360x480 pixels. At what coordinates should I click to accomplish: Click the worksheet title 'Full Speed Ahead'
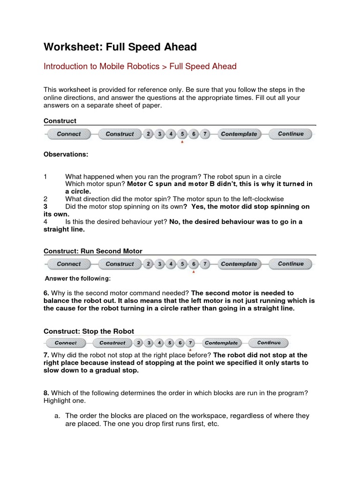click(x=120, y=47)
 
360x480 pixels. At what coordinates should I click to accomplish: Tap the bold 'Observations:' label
click(x=66, y=154)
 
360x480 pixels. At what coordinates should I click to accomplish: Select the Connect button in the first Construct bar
click(x=69, y=134)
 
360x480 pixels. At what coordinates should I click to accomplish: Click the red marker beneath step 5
click(x=182, y=142)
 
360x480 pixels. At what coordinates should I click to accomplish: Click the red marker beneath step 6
click(x=194, y=272)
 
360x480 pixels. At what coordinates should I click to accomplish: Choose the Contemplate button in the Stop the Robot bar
click(x=221, y=343)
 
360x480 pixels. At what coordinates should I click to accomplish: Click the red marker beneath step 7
click(x=190, y=350)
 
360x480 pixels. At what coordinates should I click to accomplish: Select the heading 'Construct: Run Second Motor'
click(x=93, y=251)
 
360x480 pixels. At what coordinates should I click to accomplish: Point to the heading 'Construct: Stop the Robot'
click(x=89, y=331)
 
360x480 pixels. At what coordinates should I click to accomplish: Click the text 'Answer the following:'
click(x=77, y=279)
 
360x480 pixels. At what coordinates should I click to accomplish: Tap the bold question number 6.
click(x=46, y=292)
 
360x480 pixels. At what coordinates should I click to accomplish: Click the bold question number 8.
click(x=46, y=392)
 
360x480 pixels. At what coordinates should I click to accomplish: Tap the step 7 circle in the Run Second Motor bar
click(x=205, y=264)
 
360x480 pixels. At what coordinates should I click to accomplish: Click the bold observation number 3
click(x=46, y=206)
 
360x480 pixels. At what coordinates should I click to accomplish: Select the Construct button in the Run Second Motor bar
click(x=120, y=264)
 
